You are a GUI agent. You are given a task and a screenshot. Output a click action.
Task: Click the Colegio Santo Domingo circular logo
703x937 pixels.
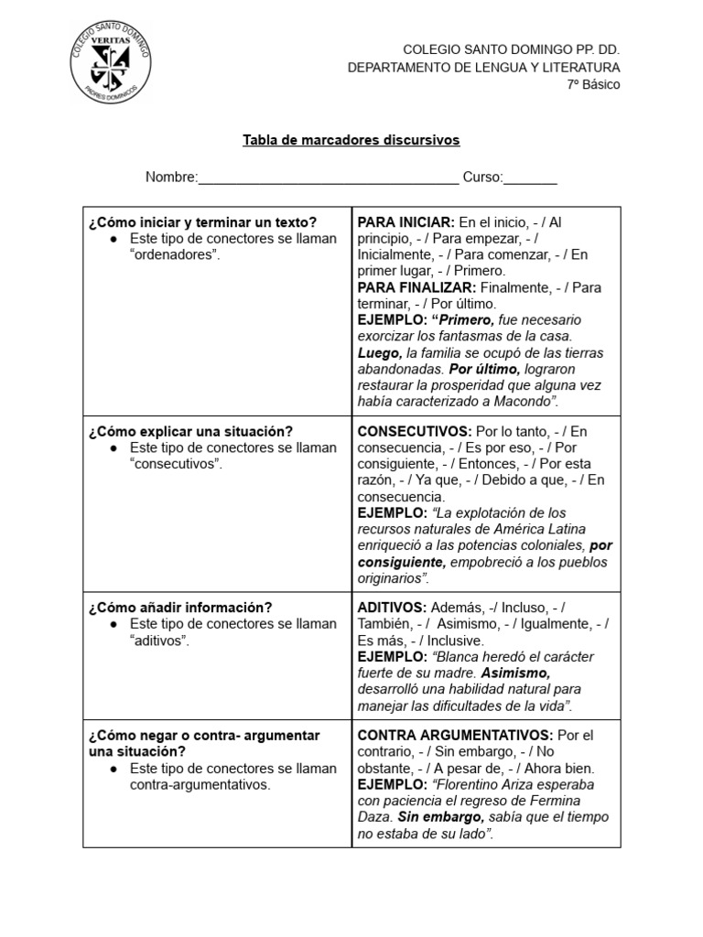(111, 63)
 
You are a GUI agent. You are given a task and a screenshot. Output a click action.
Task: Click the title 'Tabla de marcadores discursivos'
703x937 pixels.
(351, 140)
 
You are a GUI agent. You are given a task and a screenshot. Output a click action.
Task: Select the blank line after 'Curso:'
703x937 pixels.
(530, 178)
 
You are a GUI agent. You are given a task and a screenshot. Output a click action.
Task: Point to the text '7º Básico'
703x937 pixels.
(594, 84)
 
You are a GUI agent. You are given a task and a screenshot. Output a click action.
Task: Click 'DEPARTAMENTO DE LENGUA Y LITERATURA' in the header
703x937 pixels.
(483, 67)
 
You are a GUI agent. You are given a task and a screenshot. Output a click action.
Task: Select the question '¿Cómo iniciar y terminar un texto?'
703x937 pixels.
(202, 222)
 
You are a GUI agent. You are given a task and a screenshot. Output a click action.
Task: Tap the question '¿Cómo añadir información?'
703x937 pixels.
(180, 607)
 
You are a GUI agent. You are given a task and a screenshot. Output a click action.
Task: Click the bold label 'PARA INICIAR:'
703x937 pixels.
(406, 222)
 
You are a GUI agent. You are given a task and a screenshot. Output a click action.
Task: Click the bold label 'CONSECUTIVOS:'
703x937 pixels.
(415, 431)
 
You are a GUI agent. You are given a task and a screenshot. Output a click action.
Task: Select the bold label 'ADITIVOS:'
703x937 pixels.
(392, 607)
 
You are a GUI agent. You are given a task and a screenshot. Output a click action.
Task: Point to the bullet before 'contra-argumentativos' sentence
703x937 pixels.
(112, 769)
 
